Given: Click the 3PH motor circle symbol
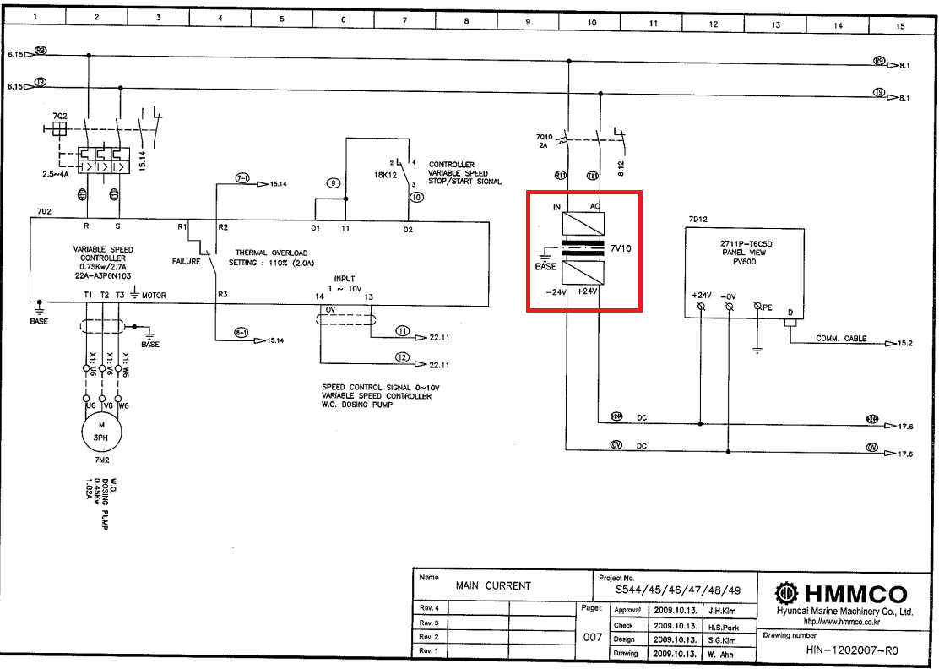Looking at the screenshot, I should coord(102,432).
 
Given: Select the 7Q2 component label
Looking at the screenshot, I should coord(60,115).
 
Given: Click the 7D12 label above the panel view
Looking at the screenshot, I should coord(697,219).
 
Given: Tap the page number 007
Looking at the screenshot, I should coord(593,638).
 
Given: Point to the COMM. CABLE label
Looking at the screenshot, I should coord(841,339).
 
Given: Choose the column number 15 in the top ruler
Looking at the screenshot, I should coord(899,26).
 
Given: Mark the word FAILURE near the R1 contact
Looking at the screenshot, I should coord(187,262).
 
